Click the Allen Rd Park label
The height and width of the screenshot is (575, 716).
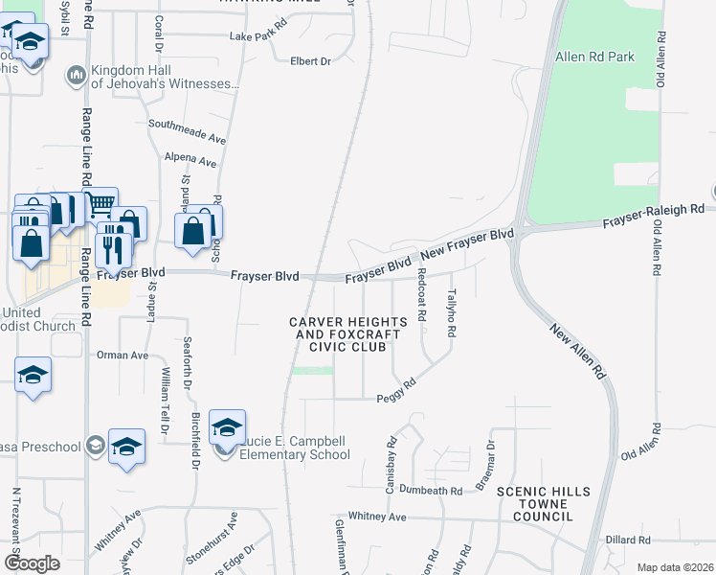pos(594,57)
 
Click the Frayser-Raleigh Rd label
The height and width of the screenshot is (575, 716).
pos(653,216)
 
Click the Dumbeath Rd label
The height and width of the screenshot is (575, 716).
pos(431,490)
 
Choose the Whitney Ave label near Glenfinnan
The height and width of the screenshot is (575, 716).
pos(377,517)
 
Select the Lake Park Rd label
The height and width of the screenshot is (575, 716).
pos(258,36)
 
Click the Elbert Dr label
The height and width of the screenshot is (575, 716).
pos(310,61)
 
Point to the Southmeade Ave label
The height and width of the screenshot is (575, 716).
pos(186,131)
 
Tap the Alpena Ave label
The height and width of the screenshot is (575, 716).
pos(190,159)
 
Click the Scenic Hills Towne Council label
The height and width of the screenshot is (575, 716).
pos(542,504)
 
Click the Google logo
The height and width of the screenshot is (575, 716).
pos(32,563)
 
